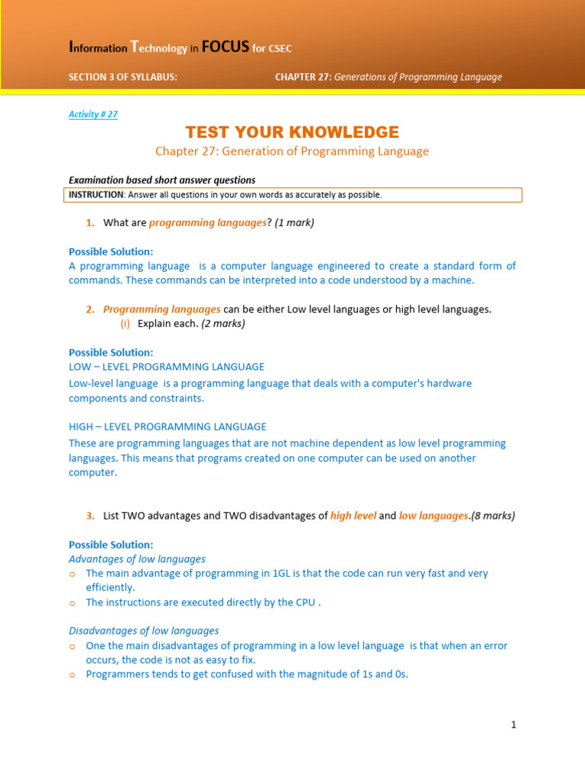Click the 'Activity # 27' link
pyautogui.click(x=93, y=114)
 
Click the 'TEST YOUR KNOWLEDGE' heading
pyautogui.click(x=292, y=132)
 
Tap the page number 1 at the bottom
pyautogui.click(x=514, y=725)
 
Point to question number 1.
pyautogui.click(x=90, y=222)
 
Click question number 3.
pyautogui.click(x=90, y=516)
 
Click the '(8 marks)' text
pyautogui.click(x=493, y=516)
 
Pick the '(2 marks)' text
pyautogui.click(x=223, y=324)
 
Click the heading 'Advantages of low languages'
pyautogui.click(x=137, y=559)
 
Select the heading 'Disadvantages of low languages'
pyautogui.click(x=144, y=631)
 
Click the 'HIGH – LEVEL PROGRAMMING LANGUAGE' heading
pyautogui.click(x=168, y=427)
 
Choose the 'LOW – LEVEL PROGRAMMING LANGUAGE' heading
pyautogui.click(x=167, y=367)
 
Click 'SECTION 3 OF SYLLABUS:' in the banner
pyautogui.click(x=123, y=77)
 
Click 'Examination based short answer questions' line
pyautogui.click(x=162, y=181)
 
